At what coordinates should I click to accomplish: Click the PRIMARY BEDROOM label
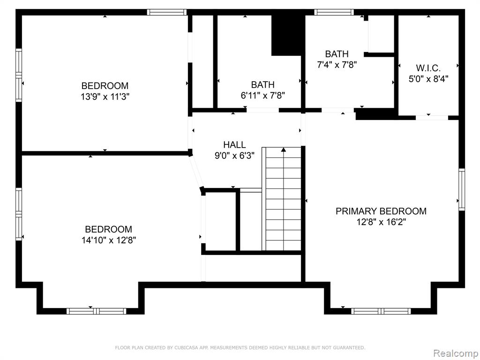[x=381, y=211]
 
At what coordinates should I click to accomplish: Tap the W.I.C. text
[x=428, y=68]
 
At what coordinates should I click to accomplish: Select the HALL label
[x=234, y=144]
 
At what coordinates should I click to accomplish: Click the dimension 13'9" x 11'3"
[x=105, y=97]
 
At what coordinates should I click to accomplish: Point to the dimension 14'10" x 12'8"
[x=109, y=240]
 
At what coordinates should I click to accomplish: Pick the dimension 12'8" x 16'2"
[x=381, y=222]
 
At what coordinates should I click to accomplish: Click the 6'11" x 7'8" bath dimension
[x=263, y=96]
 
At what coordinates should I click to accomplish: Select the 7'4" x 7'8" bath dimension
[x=337, y=65]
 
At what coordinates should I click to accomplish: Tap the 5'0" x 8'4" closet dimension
[x=428, y=79]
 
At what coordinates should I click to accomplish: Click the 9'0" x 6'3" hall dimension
[x=234, y=156]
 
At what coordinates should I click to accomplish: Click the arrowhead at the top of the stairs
[x=284, y=150]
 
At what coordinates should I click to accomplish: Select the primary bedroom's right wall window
[x=462, y=189]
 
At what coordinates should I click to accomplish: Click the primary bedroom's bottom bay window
[x=381, y=311]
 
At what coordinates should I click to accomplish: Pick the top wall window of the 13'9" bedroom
[x=166, y=12]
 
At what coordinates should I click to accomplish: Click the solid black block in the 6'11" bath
[x=286, y=36]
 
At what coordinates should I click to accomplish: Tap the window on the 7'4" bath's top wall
[x=334, y=12]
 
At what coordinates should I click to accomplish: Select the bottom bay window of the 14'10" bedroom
[x=97, y=311]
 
